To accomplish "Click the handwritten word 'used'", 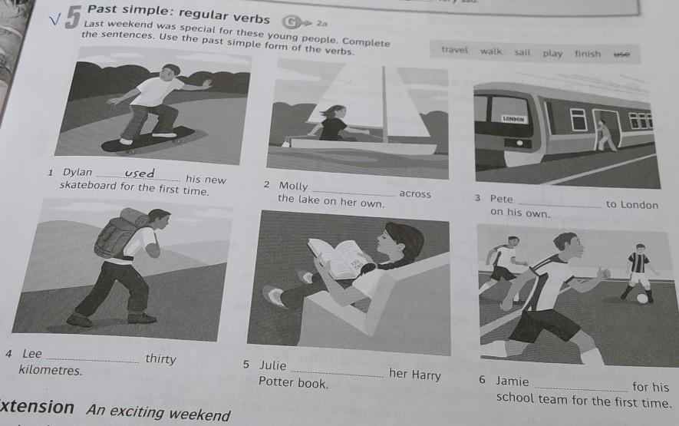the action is (x=140, y=173).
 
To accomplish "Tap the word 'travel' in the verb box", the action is (x=455, y=50).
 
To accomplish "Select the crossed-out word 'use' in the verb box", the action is (x=621, y=54).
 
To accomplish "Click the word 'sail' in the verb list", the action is (x=522, y=52).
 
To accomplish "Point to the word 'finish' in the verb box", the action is (x=588, y=54).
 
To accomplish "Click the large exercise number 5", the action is (x=74, y=18).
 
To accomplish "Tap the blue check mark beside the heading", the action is (x=54, y=19).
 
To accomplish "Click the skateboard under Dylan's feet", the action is (x=147, y=140).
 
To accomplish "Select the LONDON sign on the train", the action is (x=513, y=119).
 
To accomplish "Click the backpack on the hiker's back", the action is (x=117, y=234).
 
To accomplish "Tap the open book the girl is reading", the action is (x=338, y=257).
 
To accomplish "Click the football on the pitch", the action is (x=642, y=299).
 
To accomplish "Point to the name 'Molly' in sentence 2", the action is (x=293, y=186).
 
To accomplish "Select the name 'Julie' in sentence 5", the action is (x=272, y=365).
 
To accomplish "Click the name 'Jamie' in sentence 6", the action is (x=513, y=381).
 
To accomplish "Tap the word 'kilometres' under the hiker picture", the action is (x=50, y=371).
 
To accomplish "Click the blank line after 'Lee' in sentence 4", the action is (x=93, y=361).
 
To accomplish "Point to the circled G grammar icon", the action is (x=291, y=21).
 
